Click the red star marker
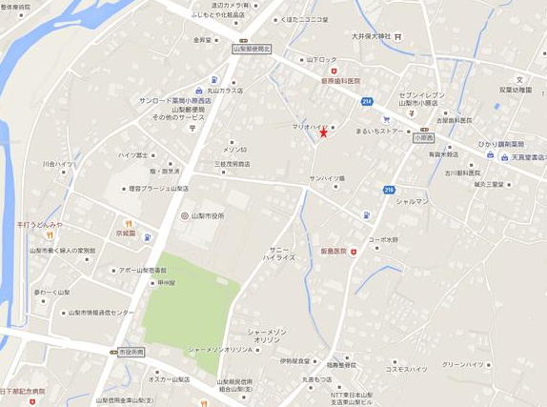(x=324, y=132)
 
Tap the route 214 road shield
(x=367, y=101)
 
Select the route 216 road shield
(x=389, y=190)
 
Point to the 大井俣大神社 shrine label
(x=371, y=36)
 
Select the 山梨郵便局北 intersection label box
(x=252, y=48)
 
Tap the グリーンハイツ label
(x=465, y=363)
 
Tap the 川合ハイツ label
(x=57, y=163)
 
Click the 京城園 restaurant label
(x=126, y=233)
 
